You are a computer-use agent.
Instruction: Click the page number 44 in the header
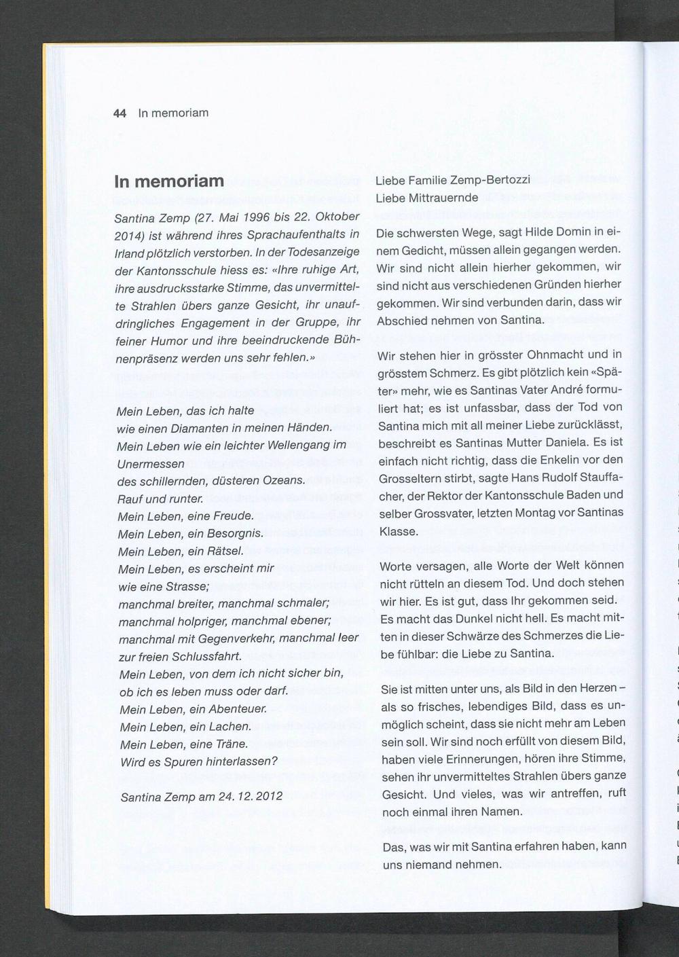(x=120, y=113)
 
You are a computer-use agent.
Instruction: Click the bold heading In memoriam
(x=169, y=181)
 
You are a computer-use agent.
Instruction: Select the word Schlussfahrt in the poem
(x=207, y=657)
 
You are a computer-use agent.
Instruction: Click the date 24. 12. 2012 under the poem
(x=251, y=797)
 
